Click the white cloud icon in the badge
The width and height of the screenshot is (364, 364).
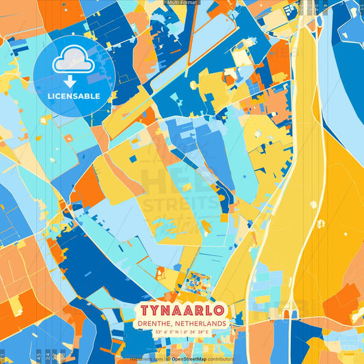[x=74, y=60]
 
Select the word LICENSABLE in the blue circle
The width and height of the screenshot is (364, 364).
[x=73, y=96]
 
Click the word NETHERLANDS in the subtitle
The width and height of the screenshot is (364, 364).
[x=202, y=323]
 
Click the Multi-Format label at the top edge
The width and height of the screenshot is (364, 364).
[x=182, y=3]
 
